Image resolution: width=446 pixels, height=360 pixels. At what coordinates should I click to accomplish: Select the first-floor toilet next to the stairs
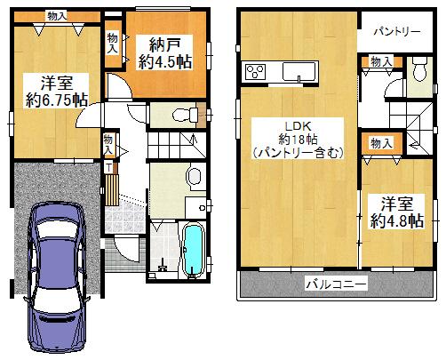186,115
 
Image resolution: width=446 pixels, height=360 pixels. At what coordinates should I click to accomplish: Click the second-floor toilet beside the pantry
418,69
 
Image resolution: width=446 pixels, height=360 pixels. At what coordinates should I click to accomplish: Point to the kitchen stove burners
255,71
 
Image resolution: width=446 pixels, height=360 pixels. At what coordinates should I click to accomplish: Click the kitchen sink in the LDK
299,71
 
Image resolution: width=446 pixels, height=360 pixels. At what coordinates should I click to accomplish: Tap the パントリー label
396,31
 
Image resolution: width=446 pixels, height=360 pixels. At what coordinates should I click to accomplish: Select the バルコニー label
336,284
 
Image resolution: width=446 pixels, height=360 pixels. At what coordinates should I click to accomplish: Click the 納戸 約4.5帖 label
164,53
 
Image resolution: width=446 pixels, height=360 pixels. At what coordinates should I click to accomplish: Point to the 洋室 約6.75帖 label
56,92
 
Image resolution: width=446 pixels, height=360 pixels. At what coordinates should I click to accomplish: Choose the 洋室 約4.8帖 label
396,212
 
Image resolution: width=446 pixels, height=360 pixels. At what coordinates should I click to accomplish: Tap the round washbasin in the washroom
195,176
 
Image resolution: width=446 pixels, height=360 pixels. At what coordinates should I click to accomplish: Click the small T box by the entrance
109,167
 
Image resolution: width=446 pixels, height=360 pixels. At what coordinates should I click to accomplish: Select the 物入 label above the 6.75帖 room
57,16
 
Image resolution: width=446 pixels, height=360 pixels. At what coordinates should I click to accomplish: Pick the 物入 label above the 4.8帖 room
381,144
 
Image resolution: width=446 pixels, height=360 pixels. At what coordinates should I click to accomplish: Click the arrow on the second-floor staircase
414,146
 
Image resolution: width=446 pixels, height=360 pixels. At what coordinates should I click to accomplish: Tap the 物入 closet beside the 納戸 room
113,44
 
